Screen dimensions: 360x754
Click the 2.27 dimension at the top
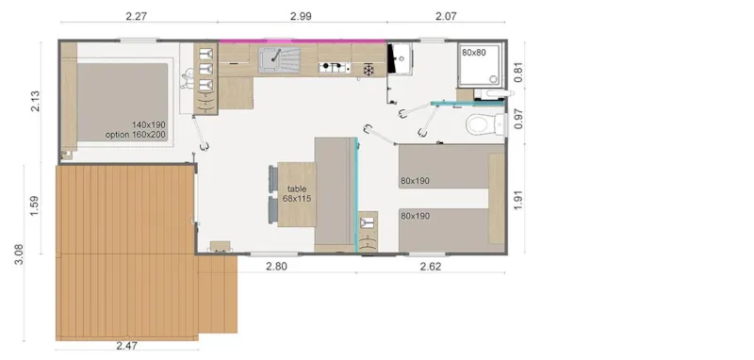(x=139, y=15)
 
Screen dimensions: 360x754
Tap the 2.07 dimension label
(x=447, y=15)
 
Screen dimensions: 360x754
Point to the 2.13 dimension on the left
(x=36, y=102)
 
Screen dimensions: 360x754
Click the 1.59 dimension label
(x=35, y=205)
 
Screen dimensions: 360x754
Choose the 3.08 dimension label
(x=19, y=253)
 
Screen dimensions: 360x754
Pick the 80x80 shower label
(x=474, y=53)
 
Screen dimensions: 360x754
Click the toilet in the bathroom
(x=480, y=123)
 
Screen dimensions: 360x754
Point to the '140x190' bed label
(x=149, y=125)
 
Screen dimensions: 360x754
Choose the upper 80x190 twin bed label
(x=416, y=180)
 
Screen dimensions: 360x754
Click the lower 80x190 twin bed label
(x=416, y=216)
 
